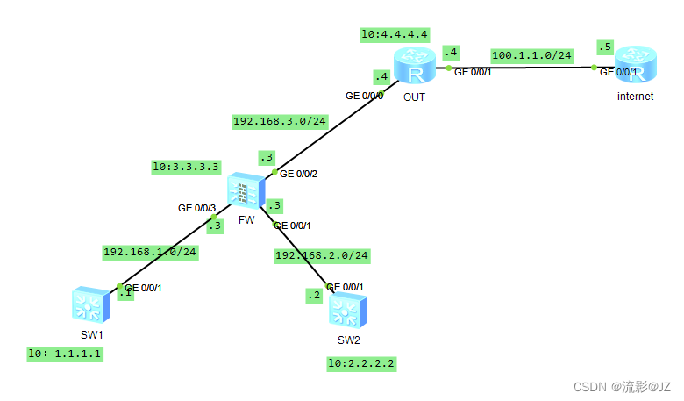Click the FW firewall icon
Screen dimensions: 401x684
pyautogui.click(x=246, y=191)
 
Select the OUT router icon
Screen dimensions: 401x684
pyautogui.click(x=414, y=66)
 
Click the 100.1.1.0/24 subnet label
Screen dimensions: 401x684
pyautogui.click(x=532, y=55)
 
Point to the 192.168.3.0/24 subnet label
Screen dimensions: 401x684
pyautogui.click(x=280, y=121)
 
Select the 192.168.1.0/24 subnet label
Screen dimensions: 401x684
pyautogui.click(x=150, y=252)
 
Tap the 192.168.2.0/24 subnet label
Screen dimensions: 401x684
pyautogui.click(x=322, y=255)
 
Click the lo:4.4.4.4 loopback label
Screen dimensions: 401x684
pyautogui.click(x=395, y=34)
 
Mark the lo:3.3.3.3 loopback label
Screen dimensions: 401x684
pyautogui.click(x=186, y=165)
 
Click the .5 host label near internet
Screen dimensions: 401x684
pyautogui.click(x=603, y=47)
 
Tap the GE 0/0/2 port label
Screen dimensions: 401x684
pyautogui.click(x=298, y=174)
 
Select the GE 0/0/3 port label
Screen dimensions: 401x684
pyautogui.click(x=196, y=209)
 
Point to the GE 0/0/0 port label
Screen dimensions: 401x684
pyautogui.click(x=364, y=96)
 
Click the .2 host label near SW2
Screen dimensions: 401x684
pyautogui.click(x=314, y=296)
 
